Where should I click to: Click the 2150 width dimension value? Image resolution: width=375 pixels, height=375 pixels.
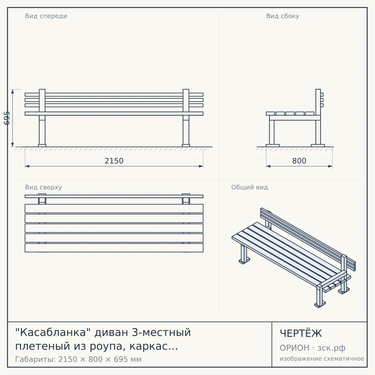coord(114,161)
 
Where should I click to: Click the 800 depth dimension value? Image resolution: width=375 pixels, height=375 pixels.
coord(299,161)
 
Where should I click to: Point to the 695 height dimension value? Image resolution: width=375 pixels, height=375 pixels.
coord(7,118)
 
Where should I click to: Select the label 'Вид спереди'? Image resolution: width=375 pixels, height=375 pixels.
coord(46,16)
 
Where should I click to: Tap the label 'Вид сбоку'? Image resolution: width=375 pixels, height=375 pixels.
coord(282,16)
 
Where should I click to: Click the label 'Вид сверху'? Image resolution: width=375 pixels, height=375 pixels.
coord(43,187)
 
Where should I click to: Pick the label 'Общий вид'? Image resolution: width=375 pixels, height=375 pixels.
coord(249,187)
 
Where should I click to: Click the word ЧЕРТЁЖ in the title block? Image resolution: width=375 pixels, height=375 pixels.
coord(301,333)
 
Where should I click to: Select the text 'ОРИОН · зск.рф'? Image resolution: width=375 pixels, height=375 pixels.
coord(312,348)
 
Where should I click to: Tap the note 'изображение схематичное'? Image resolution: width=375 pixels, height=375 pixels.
coord(322,358)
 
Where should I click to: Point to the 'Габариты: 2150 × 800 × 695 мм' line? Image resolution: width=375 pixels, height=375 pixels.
coord(78,359)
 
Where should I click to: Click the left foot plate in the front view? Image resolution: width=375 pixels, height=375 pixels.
coord(42,146)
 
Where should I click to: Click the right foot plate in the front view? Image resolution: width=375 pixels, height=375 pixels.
coord(186,146)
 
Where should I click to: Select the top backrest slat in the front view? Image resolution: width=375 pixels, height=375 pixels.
coord(114,95)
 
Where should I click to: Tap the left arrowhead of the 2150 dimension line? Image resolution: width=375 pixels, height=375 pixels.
coord(27,166)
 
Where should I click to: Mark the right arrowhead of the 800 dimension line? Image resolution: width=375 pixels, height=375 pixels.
coord(330,166)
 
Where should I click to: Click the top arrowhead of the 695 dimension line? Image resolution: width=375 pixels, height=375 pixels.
coord(12,91)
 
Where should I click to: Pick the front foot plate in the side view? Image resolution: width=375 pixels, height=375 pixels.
coord(272,146)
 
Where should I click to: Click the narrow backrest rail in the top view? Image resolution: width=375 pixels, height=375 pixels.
coord(114,196)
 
